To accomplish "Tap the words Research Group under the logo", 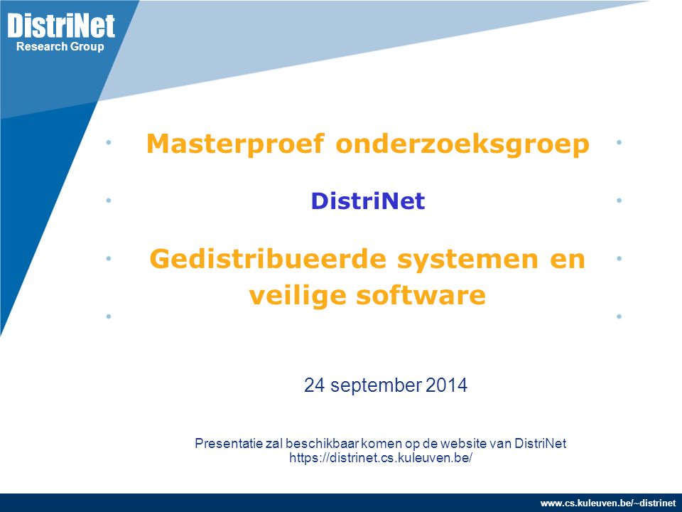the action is click(x=60, y=47).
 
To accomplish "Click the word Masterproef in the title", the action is click(x=235, y=144).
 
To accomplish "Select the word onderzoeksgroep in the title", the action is click(x=462, y=144).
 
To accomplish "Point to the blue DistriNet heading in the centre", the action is click(x=368, y=201).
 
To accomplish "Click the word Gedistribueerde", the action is click(x=268, y=259).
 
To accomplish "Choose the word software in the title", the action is click(x=421, y=294).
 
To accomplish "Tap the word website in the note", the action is click(x=464, y=443).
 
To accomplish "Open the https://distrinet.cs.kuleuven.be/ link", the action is click(x=381, y=457).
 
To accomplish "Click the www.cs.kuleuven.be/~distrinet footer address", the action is click(x=608, y=503).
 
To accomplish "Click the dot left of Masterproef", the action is click(x=109, y=142).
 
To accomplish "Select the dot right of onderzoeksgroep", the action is click(x=619, y=142).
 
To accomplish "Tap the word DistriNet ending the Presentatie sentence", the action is click(x=541, y=443).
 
